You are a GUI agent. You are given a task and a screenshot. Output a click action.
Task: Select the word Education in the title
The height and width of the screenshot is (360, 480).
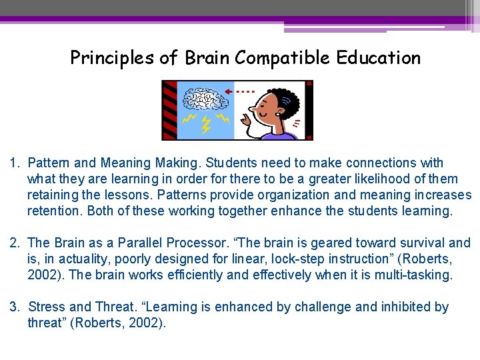point(379,58)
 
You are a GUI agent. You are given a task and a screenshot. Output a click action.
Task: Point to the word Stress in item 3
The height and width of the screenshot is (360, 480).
point(46,307)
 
